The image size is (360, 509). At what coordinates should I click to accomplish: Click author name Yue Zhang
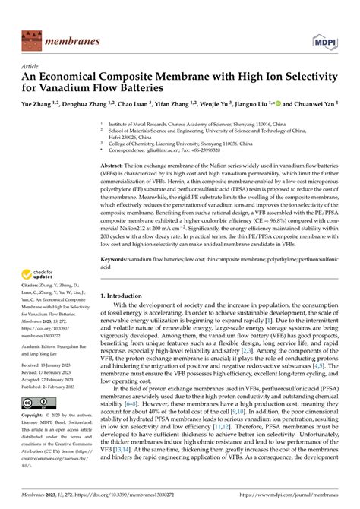pos(38,104)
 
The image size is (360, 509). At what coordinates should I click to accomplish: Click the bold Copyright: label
pos(38,416)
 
